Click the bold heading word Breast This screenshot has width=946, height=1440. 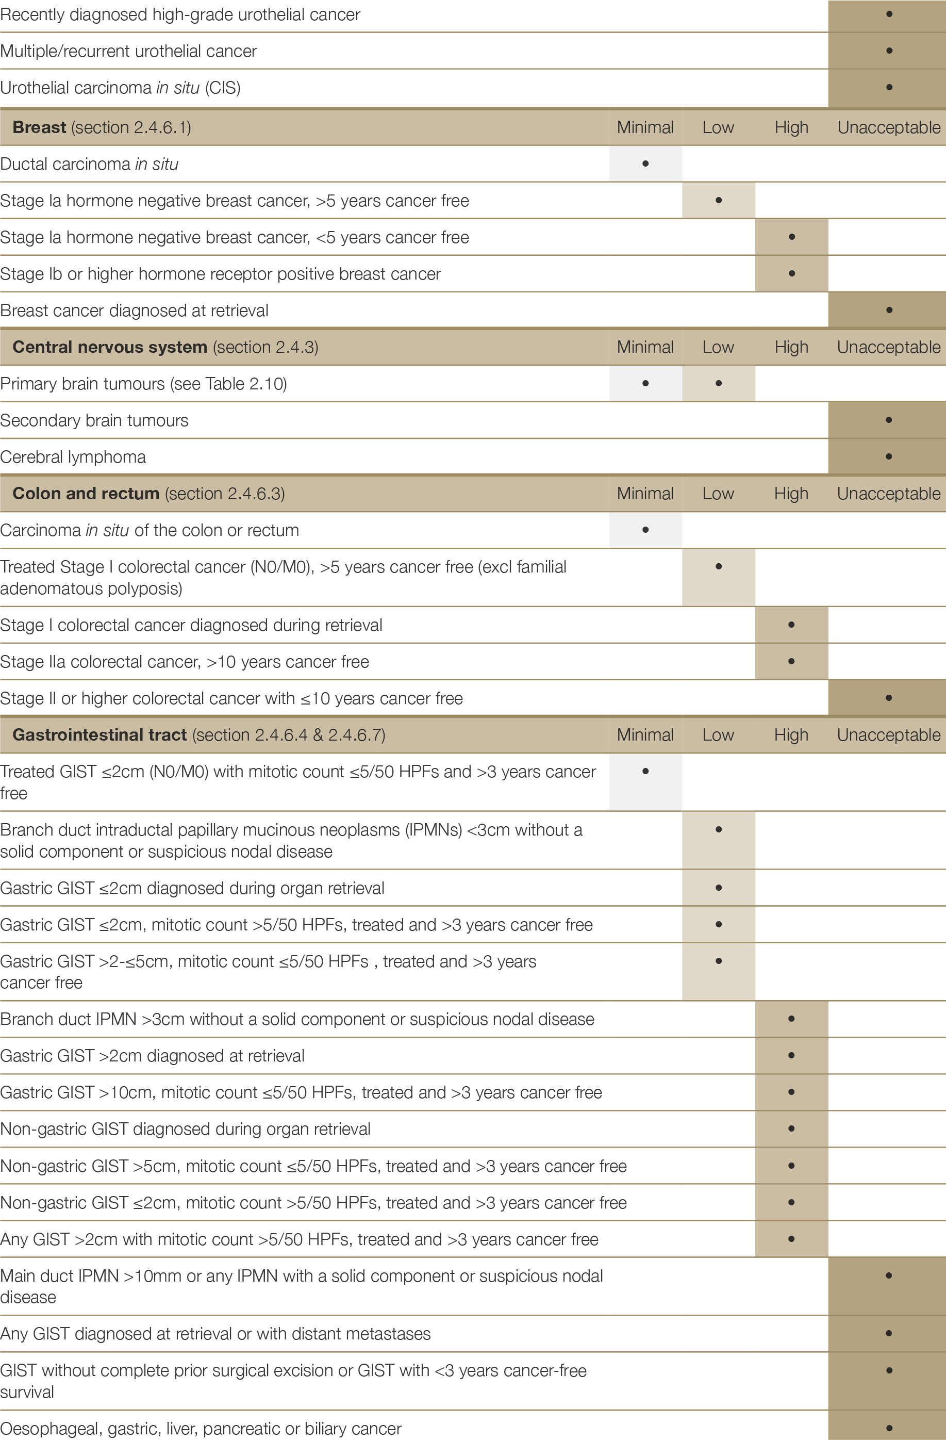click(x=39, y=127)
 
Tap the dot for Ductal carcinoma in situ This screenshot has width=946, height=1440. click(x=645, y=163)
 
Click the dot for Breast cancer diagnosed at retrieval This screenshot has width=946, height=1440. click(x=889, y=310)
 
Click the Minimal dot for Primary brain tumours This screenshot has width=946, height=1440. click(x=645, y=383)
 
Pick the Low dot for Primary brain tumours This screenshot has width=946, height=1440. click(x=719, y=383)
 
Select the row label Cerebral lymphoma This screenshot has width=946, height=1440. click(x=73, y=457)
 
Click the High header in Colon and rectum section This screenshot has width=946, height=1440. click(x=791, y=494)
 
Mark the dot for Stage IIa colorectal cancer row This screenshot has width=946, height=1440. click(x=791, y=661)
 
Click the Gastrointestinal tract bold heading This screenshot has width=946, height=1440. click(x=99, y=734)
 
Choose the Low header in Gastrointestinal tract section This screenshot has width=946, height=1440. click(x=718, y=735)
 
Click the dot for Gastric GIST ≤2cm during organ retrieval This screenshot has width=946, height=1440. click(x=719, y=888)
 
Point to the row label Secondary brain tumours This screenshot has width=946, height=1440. click(x=94, y=420)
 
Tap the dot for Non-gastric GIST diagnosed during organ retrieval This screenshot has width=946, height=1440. click(x=791, y=1128)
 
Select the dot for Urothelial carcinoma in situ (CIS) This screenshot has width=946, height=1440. click(x=889, y=87)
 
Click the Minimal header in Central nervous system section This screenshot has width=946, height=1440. click(x=645, y=347)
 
